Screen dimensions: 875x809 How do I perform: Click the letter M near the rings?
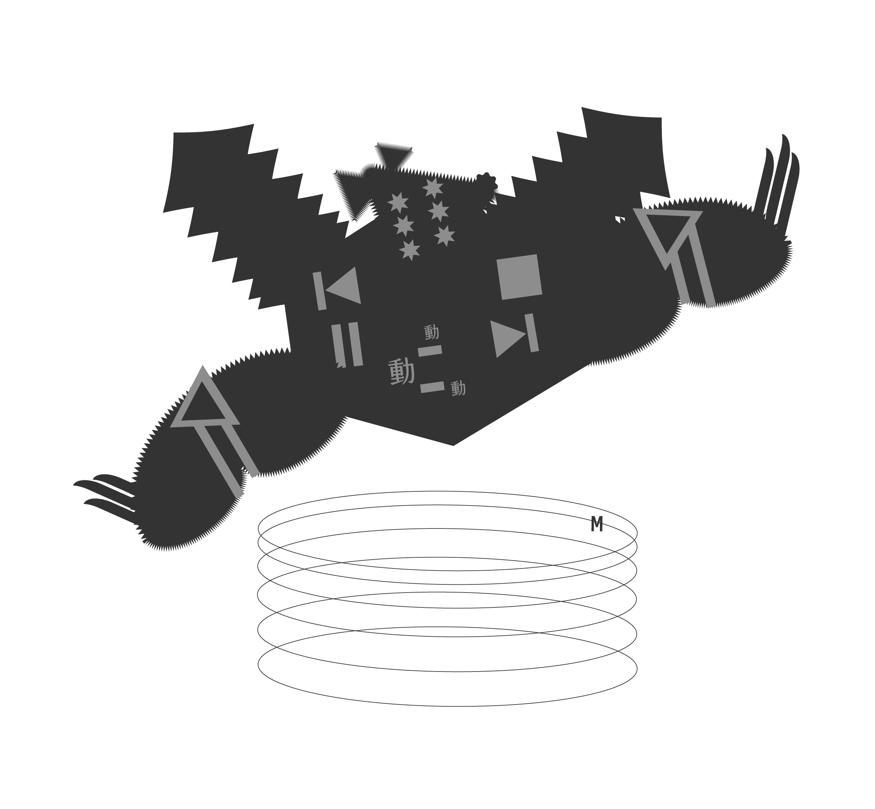pos(597,524)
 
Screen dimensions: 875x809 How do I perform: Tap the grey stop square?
pos(519,277)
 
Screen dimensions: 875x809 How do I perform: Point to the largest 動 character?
pos(402,372)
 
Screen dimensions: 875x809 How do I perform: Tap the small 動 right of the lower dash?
pos(458,388)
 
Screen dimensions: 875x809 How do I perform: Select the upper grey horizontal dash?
pos(430,351)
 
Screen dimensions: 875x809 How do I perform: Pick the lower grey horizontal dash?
pos(432,387)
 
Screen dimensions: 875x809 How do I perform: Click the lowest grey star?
pos(409,250)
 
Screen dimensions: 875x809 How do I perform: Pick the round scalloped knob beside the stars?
pos(486,184)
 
